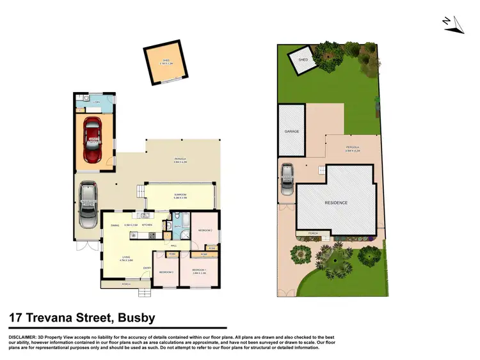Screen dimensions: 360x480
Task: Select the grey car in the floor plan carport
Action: pos(88,206)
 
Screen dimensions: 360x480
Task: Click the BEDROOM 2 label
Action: pos(205,230)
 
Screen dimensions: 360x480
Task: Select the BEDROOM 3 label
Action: pos(166,272)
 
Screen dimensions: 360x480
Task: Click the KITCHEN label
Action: pos(147,226)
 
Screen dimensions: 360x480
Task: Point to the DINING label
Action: pos(116,226)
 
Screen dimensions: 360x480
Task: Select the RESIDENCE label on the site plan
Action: pos(336,203)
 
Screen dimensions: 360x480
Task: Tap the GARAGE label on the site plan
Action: pos(292,131)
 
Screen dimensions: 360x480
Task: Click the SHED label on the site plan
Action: pos(303,60)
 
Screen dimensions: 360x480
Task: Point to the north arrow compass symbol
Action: pos(452,24)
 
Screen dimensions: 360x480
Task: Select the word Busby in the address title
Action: pos(133,317)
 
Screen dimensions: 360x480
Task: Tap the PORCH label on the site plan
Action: pos(313,233)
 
